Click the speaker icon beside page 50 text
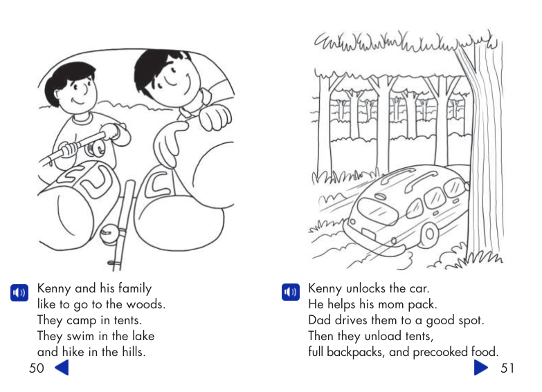[19, 292]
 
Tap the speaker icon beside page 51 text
[290, 292]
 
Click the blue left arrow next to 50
[62, 368]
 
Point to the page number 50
[37, 368]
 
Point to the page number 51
[507, 368]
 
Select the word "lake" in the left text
[143, 337]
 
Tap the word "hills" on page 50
[131, 353]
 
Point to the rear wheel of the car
[428, 236]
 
